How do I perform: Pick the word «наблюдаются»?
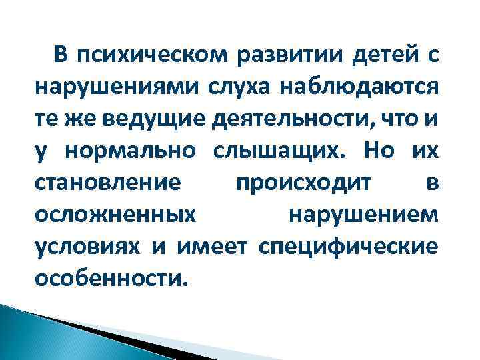coord(355,89)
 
